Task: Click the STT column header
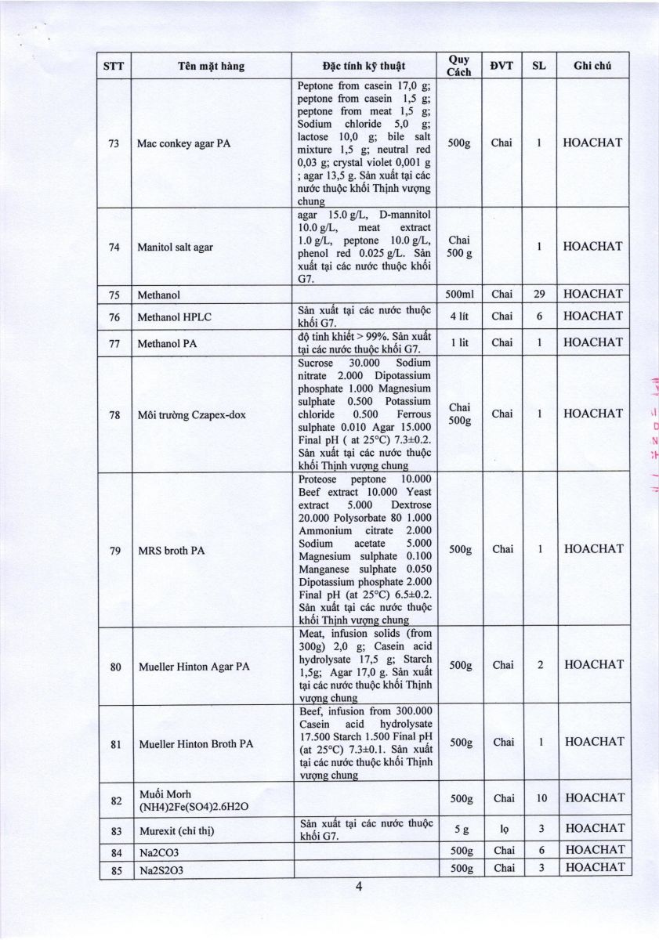(x=114, y=67)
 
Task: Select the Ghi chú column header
(x=592, y=67)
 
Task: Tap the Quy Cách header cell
(x=458, y=67)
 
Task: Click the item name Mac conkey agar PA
(x=183, y=143)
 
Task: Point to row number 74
(x=114, y=247)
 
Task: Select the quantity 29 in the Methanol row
(x=539, y=295)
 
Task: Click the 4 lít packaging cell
(x=458, y=316)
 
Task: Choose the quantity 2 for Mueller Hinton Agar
(x=539, y=665)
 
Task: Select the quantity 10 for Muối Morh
(x=539, y=798)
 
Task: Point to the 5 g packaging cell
(x=458, y=828)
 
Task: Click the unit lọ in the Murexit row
(x=502, y=828)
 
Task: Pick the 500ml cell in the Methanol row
(x=458, y=295)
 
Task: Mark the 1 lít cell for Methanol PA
(x=458, y=342)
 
